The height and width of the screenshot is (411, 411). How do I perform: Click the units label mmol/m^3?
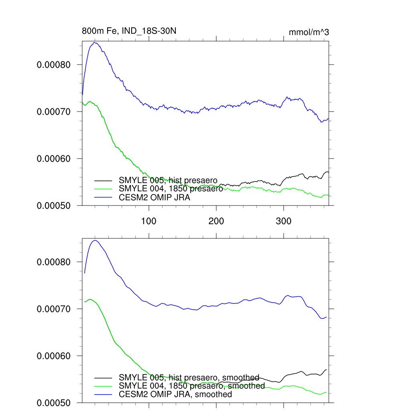309,32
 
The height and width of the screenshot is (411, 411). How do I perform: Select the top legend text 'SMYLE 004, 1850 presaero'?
171,189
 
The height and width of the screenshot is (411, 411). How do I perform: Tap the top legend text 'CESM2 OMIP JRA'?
155,197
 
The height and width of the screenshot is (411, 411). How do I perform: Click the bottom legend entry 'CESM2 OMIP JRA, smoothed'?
175,394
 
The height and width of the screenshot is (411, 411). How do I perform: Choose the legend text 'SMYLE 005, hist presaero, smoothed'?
189,378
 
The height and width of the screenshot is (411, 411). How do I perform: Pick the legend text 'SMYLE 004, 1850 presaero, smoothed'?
192,386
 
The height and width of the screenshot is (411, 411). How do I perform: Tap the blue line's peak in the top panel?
95,43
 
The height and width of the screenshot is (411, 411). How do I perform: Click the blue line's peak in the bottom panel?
95,240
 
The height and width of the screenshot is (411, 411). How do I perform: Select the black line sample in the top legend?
103,180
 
